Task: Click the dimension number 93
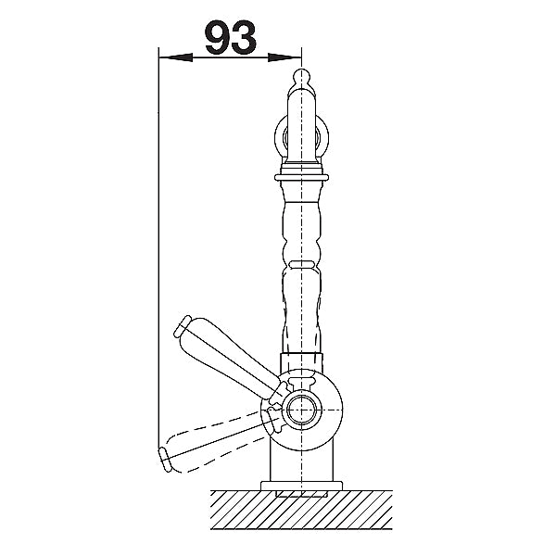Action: [231, 37]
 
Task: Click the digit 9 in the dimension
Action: [218, 37]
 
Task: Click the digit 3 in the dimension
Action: [245, 37]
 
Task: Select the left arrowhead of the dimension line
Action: [175, 57]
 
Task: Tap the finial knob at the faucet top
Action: [301, 78]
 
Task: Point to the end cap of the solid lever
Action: [183, 325]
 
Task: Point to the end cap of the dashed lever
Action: [165, 460]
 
